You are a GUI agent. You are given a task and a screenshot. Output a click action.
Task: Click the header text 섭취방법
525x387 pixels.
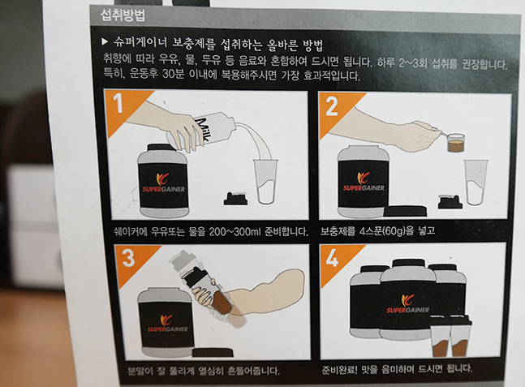[123, 15]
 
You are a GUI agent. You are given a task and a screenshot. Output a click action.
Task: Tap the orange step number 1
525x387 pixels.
[118, 103]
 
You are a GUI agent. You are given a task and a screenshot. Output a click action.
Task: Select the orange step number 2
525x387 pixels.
[332, 106]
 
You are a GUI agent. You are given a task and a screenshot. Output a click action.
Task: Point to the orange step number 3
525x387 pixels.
[128, 258]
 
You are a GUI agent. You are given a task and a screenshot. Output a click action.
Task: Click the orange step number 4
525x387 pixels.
[332, 258]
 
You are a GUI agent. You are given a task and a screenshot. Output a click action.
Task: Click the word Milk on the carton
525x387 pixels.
[203, 130]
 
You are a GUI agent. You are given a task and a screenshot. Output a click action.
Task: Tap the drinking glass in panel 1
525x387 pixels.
[265, 182]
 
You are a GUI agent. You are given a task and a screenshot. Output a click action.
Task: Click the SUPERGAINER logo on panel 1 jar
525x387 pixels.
[163, 183]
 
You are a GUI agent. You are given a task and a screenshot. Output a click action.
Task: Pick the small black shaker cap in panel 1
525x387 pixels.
[235, 199]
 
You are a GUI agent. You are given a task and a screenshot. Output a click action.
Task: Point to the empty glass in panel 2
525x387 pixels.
[476, 183]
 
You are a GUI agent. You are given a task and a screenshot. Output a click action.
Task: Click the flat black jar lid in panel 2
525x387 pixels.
[405, 211]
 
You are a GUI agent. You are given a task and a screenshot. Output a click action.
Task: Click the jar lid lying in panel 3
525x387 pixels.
[213, 352]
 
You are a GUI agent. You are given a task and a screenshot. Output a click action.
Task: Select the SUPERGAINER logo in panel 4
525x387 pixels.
[407, 304]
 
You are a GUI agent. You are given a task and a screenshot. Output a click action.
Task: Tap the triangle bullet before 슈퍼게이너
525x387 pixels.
[105, 42]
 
